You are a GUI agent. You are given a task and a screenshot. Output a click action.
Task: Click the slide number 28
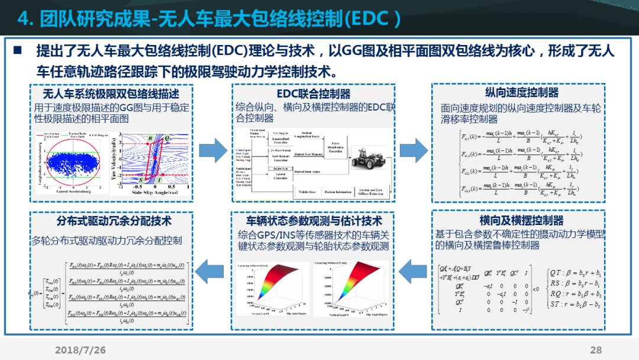tap(595, 349)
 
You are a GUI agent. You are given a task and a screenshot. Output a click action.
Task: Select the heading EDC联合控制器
tap(313, 94)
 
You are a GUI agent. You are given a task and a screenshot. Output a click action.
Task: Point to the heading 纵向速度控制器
tap(521, 93)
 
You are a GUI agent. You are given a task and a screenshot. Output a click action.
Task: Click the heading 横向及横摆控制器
tap(521, 220)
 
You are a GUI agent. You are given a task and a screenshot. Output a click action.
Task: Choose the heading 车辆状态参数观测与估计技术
tap(314, 221)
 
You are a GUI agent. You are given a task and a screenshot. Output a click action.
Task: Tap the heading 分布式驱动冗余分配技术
tap(114, 221)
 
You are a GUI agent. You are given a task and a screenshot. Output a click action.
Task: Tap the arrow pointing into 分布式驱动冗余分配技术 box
tap(209, 271)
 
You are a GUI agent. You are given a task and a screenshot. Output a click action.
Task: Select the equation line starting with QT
tap(576, 273)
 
